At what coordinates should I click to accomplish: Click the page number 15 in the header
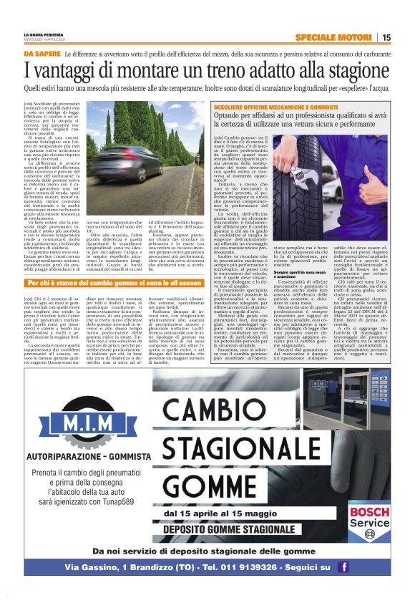(386, 37)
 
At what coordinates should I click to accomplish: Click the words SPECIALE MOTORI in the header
(335, 37)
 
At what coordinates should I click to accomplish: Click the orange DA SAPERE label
(41, 54)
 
